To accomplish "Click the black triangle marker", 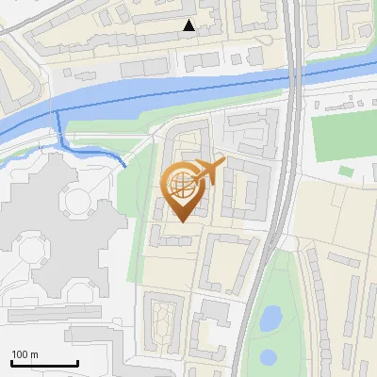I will click(x=189, y=25).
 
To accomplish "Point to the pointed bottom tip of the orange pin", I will click(x=181, y=221).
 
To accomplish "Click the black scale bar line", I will click(x=44, y=364).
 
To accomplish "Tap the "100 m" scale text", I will click(x=25, y=354).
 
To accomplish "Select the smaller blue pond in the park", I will click(x=269, y=357).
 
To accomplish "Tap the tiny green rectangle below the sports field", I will click(x=346, y=172).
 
